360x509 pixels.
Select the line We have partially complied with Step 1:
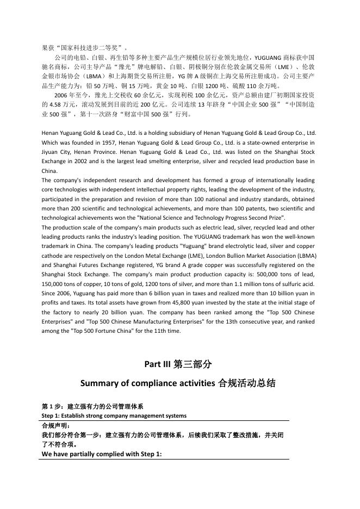(102, 454)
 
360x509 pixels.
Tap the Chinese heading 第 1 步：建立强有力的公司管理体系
(92, 406)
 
